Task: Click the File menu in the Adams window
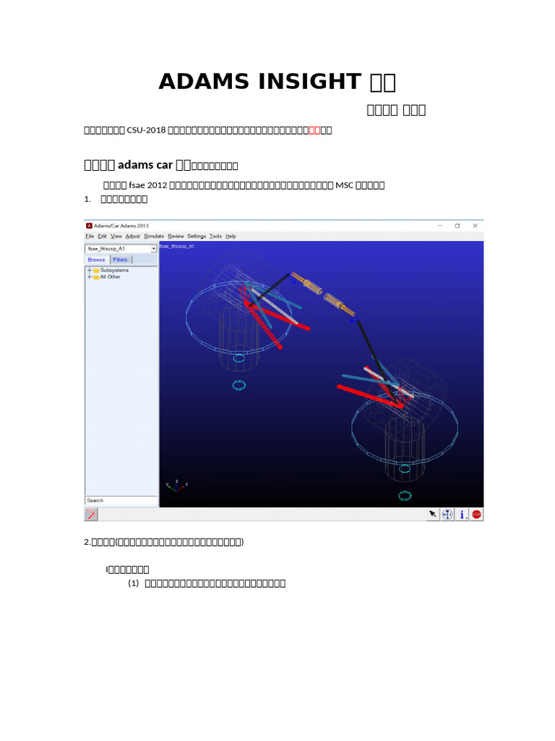(90, 236)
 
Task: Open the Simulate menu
(153, 236)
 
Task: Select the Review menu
(176, 236)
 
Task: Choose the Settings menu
(197, 236)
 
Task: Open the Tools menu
(216, 236)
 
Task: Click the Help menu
(231, 236)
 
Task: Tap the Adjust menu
(133, 236)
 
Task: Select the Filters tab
(120, 260)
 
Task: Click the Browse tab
(97, 260)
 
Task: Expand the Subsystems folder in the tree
(89, 270)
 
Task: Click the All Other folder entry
(110, 276)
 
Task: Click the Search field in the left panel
(121, 500)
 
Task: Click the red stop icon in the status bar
(477, 515)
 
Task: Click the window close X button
(475, 226)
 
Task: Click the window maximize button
(457, 226)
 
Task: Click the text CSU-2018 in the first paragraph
(147, 131)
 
